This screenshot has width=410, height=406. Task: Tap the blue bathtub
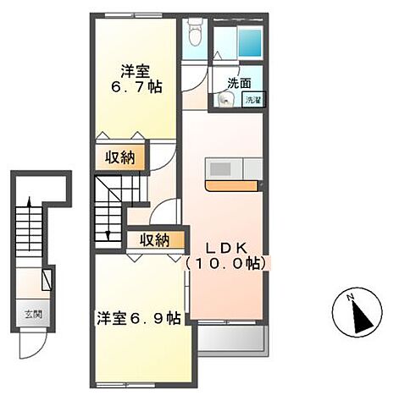250,42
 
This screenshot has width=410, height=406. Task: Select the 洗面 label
239,83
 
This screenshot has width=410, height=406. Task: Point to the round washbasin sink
225,100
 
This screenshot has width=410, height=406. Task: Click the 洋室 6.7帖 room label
136,79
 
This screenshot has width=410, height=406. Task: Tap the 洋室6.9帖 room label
139,319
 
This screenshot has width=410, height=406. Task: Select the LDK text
226,249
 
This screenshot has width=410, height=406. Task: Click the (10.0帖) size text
226,263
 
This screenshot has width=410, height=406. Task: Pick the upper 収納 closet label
120,157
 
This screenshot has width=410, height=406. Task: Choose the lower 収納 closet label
155,240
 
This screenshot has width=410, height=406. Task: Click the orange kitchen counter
232,186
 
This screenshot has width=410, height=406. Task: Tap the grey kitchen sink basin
220,169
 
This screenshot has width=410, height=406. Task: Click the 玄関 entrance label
33,314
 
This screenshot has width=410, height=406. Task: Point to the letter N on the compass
351,297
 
